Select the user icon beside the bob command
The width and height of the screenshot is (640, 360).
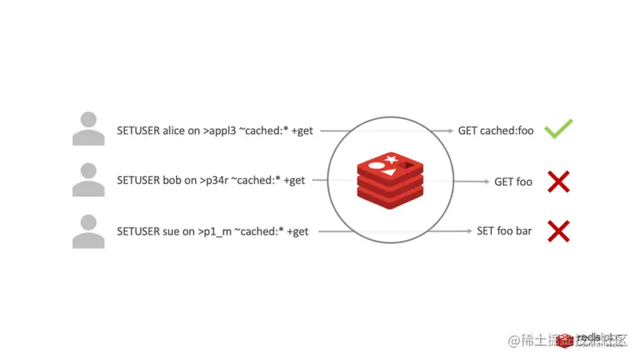(x=88, y=181)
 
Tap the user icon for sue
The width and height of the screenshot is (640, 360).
(x=88, y=231)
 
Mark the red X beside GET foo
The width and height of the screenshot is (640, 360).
(x=558, y=182)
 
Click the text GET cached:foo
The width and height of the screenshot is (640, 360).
(x=495, y=130)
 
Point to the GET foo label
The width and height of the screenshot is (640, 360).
(x=513, y=182)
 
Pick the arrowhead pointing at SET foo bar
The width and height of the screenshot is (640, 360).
(x=470, y=231)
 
